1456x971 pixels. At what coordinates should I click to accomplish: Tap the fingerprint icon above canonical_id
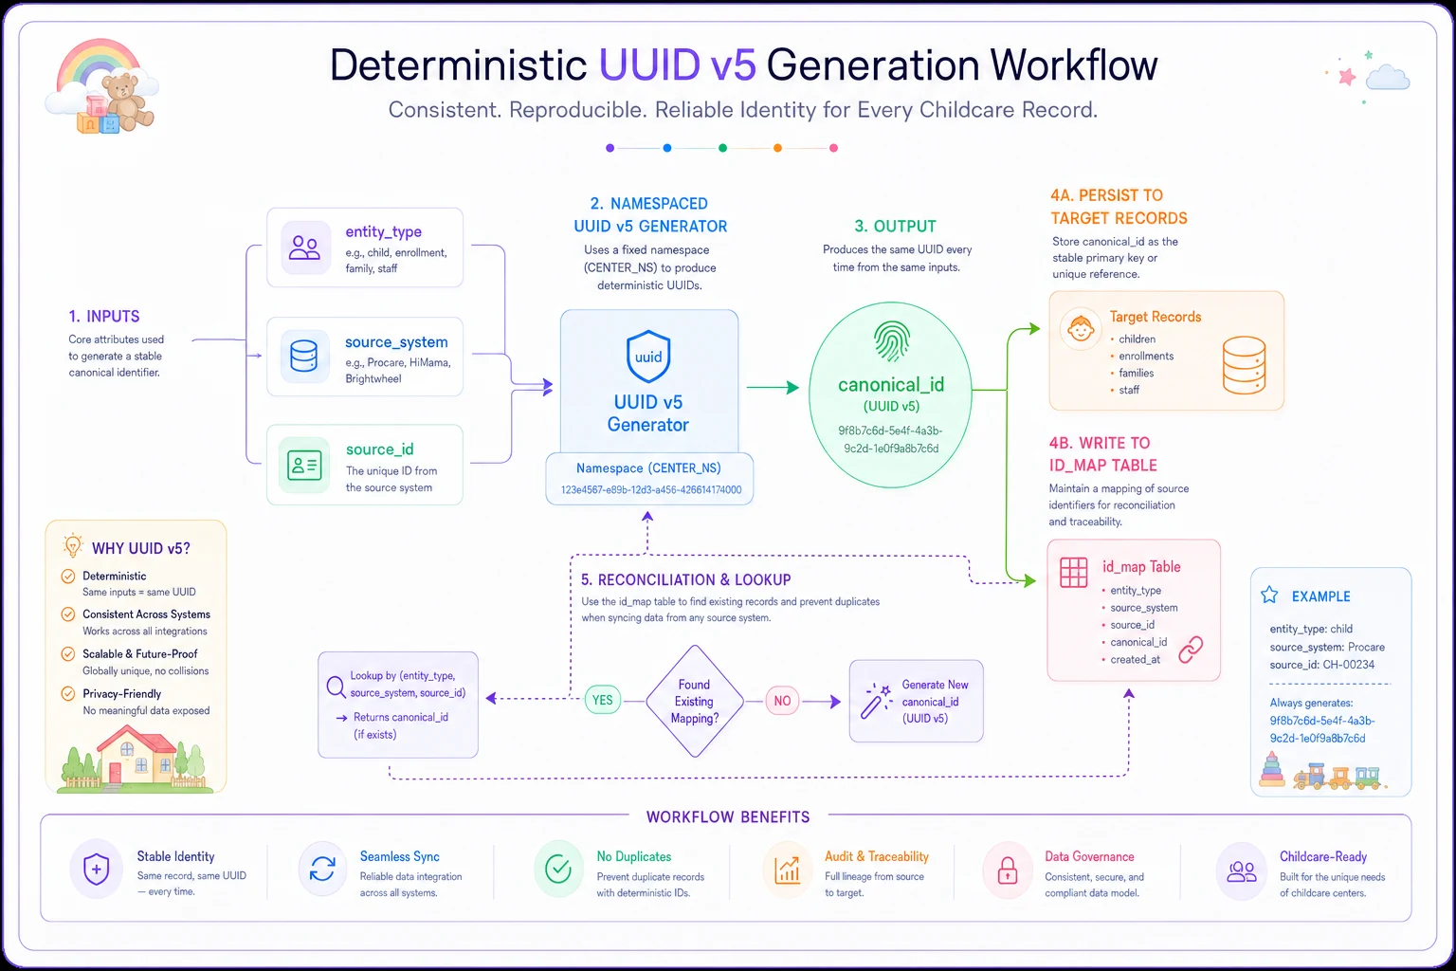point(891,341)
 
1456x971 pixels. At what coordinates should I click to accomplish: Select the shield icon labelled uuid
point(648,357)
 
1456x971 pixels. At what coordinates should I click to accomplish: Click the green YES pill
point(603,700)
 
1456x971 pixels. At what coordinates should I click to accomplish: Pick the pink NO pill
point(782,701)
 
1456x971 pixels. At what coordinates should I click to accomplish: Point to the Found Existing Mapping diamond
point(695,701)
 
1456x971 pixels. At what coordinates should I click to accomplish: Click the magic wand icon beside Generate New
point(876,701)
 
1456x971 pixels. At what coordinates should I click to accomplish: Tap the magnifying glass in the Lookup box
point(337,687)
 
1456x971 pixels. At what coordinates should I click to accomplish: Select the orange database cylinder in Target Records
point(1244,365)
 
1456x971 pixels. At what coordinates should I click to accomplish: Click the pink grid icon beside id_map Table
point(1073,573)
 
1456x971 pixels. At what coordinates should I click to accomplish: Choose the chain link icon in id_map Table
point(1191,649)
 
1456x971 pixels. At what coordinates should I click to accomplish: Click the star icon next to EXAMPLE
point(1269,595)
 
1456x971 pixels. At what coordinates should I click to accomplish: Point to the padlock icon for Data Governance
point(1008,870)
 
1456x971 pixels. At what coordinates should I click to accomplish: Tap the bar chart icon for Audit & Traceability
point(787,870)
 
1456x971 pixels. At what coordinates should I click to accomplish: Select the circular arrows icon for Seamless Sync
point(322,869)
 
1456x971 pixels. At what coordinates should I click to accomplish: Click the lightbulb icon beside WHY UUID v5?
point(72,545)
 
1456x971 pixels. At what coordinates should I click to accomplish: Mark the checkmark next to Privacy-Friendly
point(67,693)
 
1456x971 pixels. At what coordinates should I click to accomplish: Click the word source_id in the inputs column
point(379,449)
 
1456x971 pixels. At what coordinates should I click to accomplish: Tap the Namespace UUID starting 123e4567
point(650,489)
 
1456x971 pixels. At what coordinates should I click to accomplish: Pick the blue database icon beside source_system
point(303,356)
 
